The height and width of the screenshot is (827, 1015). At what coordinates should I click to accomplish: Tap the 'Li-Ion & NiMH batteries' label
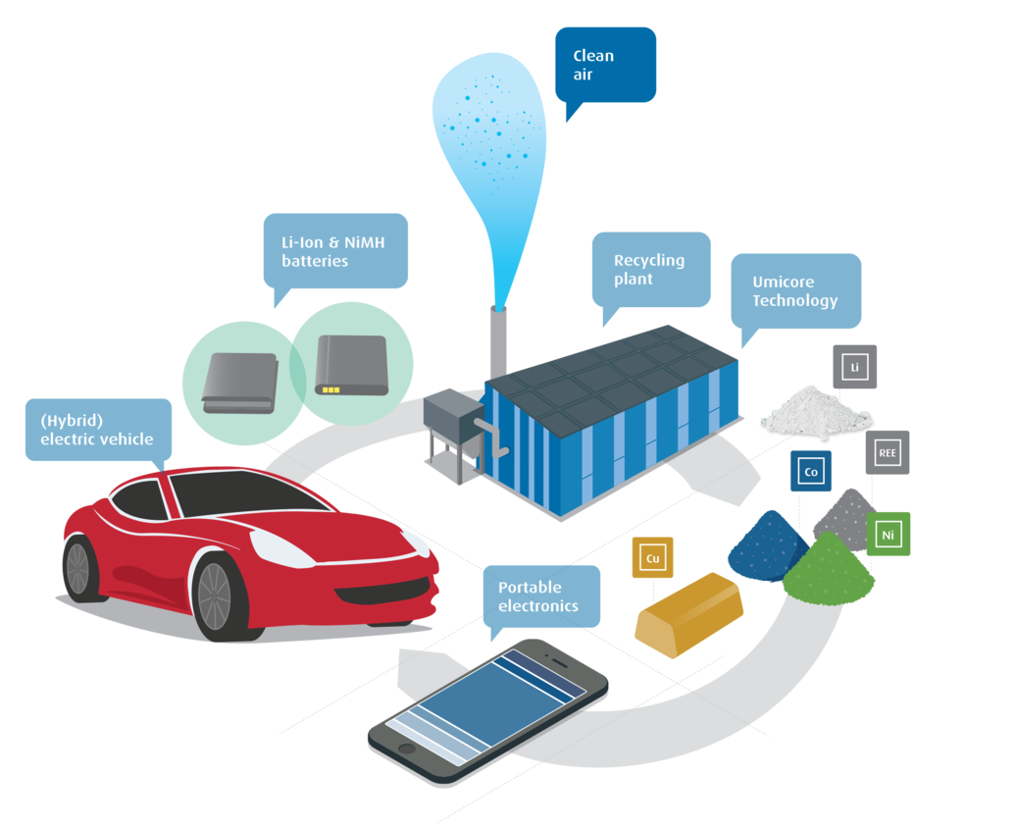click(x=334, y=250)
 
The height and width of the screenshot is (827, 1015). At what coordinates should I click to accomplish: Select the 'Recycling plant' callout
click(x=650, y=269)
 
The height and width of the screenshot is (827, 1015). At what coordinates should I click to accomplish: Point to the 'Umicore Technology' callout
click(x=795, y=290)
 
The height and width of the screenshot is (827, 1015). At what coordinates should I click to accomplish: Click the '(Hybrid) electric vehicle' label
click(x=96, y=430)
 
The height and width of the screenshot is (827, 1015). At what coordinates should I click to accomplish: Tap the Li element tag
click(x=854, y=368)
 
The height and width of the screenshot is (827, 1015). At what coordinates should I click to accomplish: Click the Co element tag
click(x=811, y=472)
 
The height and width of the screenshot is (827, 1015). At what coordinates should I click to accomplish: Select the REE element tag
click(x=888, y=453)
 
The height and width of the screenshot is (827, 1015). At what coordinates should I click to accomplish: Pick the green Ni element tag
click(x=888, y=535)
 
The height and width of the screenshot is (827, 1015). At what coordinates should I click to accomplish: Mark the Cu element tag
click(x=652, y=559)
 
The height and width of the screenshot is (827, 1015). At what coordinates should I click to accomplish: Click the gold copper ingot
click(x=691, y=614)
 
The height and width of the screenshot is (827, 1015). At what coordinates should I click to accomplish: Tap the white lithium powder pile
click(x=815, y=410)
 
